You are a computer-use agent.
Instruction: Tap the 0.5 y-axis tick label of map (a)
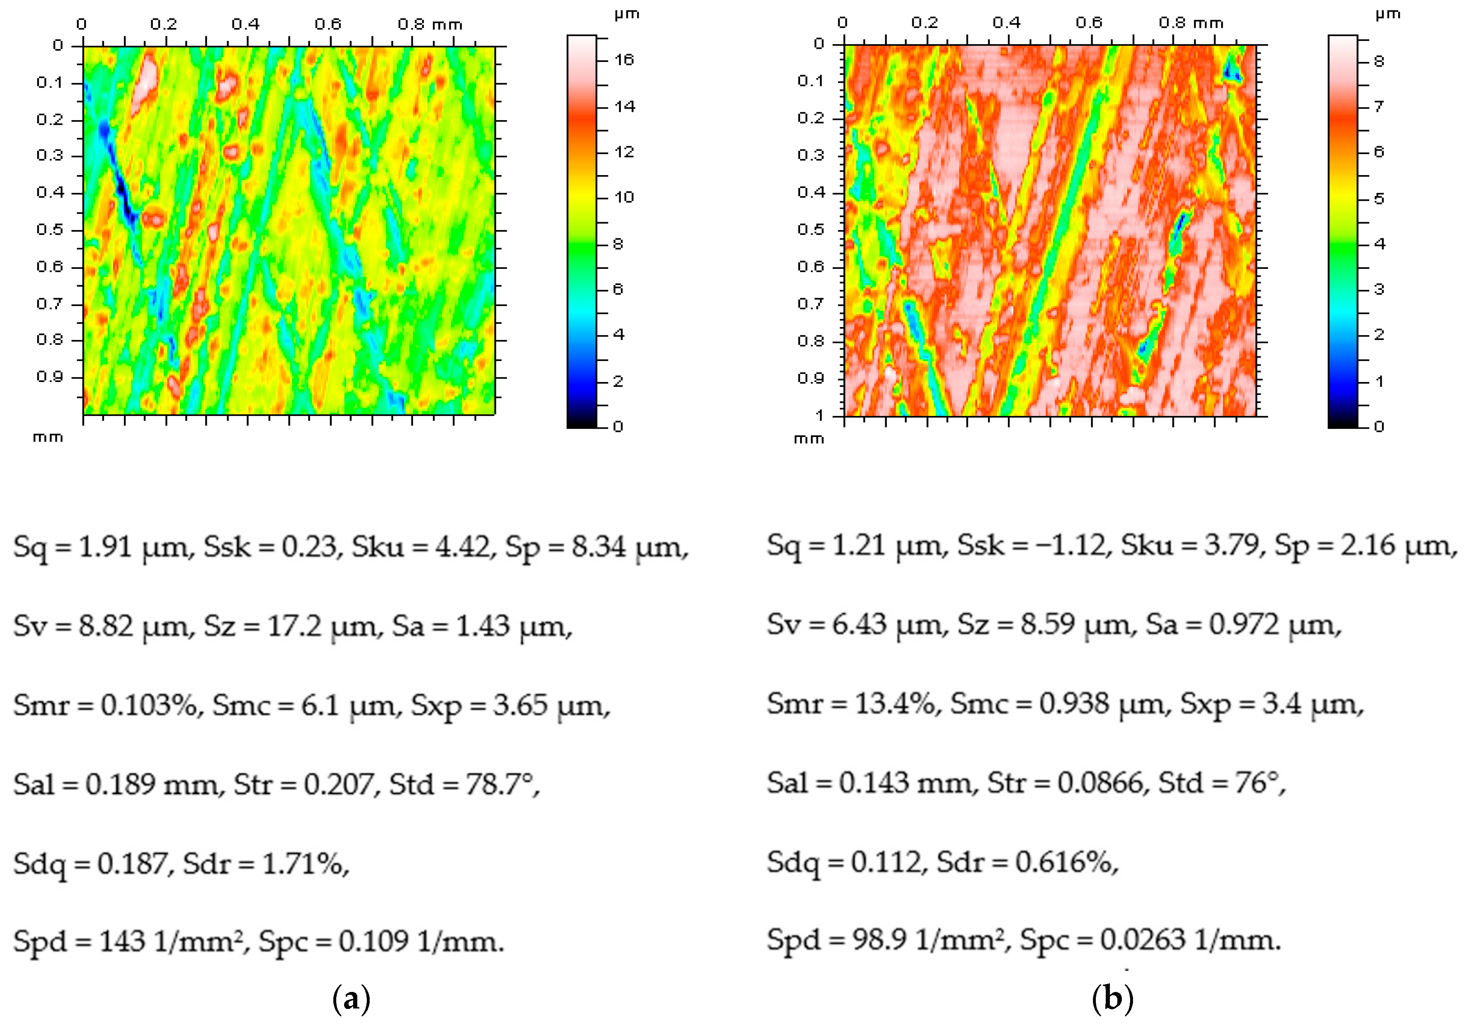coord(50,230)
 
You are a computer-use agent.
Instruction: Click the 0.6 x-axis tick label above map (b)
coord(1088,23)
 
